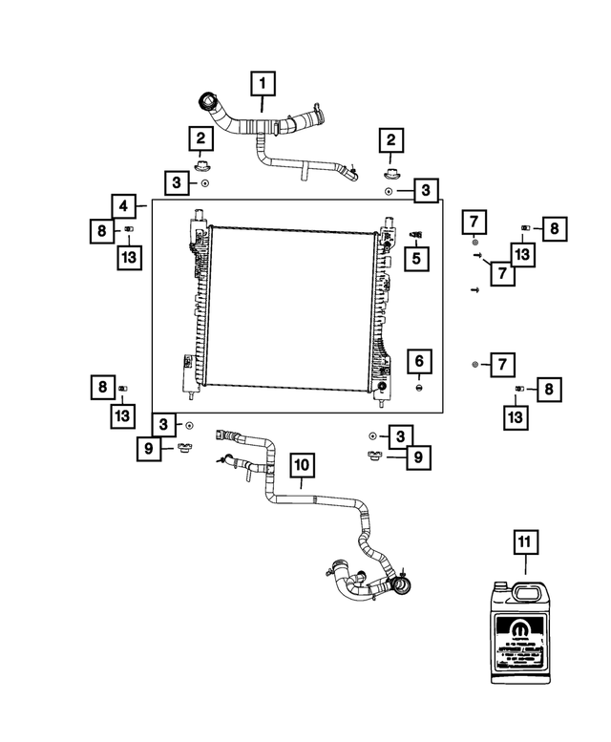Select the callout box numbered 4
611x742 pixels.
click(x=123, y=205)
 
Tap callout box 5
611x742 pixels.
click(x=416, y=257)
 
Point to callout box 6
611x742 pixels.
click(x=417, y=362)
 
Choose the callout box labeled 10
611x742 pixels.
click(x=302, y=465)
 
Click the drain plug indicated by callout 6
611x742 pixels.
click(x=419, y=390)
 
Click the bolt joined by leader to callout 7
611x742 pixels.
click(x=476, y=256)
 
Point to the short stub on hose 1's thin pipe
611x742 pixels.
click(x=305, y=174)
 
